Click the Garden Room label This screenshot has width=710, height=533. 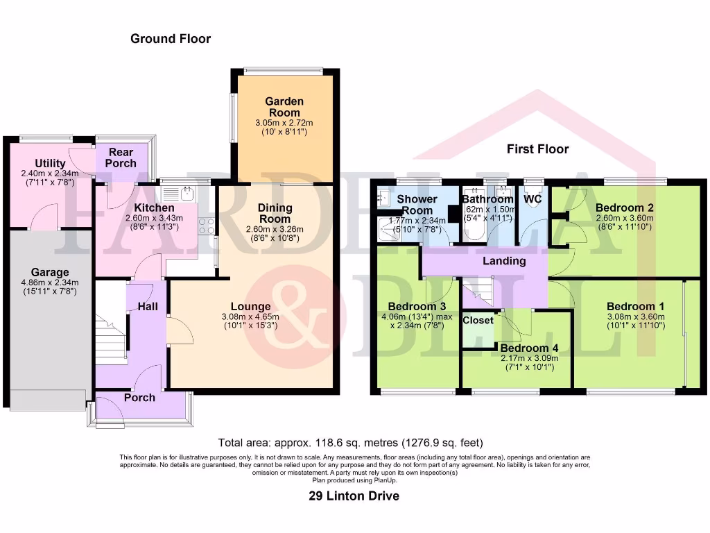[x=284, y=107]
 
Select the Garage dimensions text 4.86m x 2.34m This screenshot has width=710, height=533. [x=49, y=282]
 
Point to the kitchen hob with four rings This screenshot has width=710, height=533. [x=206, y=225]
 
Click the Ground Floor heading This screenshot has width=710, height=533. [x=171, y=39]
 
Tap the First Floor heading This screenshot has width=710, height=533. [x=537, y=149]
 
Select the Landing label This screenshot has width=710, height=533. [x=505, y=261]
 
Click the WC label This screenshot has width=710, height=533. [x=533, y=199]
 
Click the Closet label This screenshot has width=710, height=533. [x=478, y=320]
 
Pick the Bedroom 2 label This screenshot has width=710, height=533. [x=625, y=208]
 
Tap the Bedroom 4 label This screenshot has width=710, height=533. [x=529, y=348]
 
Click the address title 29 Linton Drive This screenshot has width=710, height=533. [x=354, y=496]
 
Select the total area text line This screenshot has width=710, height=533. [x=350, y=442]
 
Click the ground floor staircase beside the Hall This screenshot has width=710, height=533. [x=110, y=323]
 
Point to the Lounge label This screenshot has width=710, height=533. [x=251, y=306]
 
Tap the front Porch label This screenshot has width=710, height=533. [x=139, y=398]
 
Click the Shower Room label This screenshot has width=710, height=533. [x=417, y=205]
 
